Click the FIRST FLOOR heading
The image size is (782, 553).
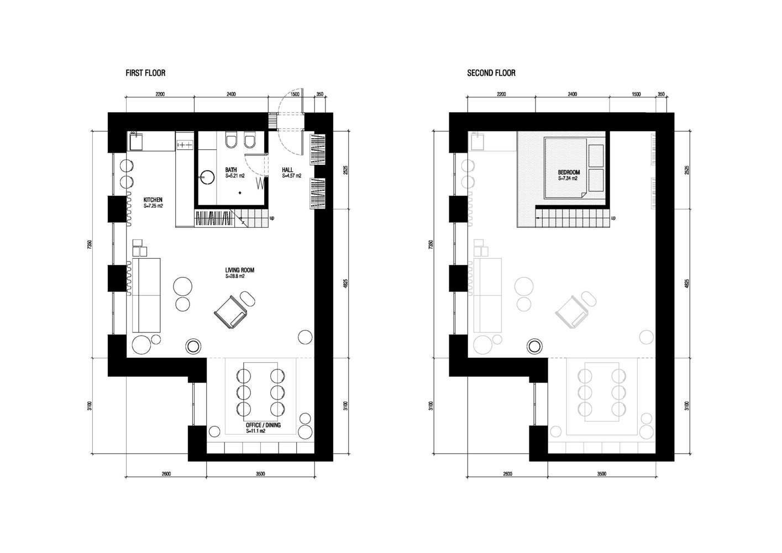point(145,73)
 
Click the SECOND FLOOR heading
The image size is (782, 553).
point(491,73)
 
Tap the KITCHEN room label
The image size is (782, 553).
point(153,200)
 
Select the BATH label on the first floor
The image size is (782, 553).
point(231,170)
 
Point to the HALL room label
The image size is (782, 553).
point(288,170)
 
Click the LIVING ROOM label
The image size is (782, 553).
point(239,270)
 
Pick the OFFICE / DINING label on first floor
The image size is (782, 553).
point(263,425)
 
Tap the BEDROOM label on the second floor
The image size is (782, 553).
point(569,172)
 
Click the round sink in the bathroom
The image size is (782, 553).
point(207,177)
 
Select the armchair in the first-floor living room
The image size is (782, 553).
point(230,312)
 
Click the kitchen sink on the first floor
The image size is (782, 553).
point(136,142)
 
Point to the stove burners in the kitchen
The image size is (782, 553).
point(185,144)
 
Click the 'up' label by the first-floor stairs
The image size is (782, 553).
point(272,218)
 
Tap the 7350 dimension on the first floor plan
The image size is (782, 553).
point(90,244)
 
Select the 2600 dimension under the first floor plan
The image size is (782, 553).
point(166,474)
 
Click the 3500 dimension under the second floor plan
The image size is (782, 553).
point(602,474)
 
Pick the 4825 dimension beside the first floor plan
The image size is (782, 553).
point(345,283)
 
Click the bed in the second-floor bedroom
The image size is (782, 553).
point(565,168)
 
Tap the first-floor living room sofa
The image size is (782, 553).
point(146,295)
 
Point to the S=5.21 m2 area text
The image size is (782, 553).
point(235,176)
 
